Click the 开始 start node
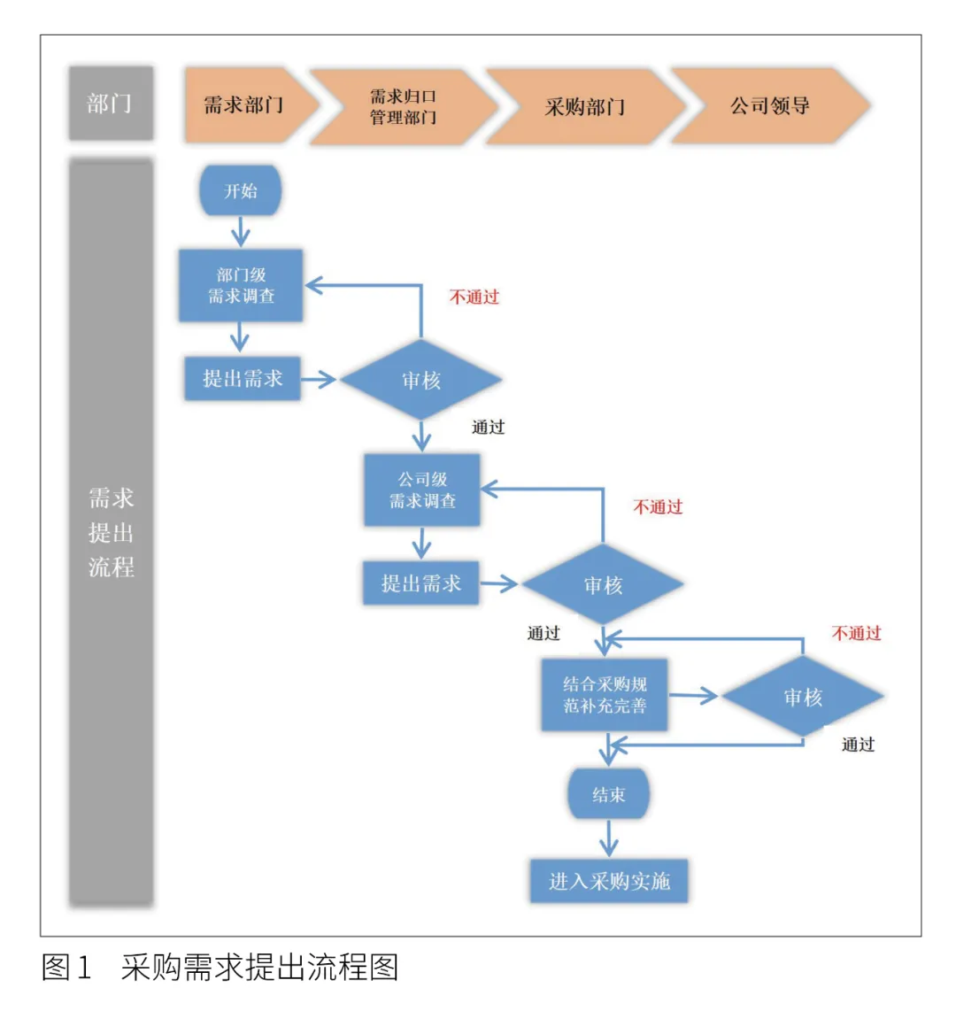pos(241,190)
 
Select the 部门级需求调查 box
pos(241,285)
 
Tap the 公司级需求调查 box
pos(422,490)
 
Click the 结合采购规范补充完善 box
pos(605,695)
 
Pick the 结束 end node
pos(609,794)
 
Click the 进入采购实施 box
pos(609,881)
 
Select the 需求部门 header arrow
pos(245,105)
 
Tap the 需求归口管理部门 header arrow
pos(403,106)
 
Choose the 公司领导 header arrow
pos(768,106)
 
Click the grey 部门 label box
pos(111,104)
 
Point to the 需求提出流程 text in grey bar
pos(111,532)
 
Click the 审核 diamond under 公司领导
pos(803,697)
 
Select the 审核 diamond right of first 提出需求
pos(421,381)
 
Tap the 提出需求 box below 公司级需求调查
pos(421,583)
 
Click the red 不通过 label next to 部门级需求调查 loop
pos(474,297)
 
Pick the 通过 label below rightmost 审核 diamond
pos(858,745)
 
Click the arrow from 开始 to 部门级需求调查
pos(241,233)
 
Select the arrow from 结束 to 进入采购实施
pos(609,837)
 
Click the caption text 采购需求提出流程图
pos(259,968)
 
